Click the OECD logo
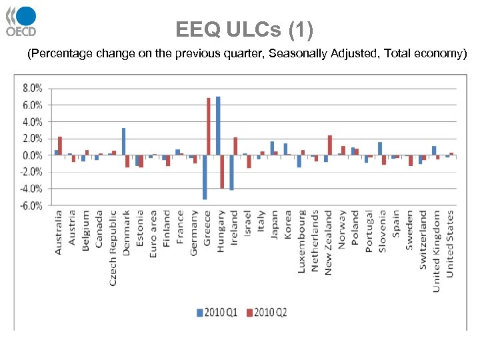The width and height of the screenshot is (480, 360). coord(21,21)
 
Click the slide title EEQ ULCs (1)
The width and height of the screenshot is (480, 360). coord(244,30)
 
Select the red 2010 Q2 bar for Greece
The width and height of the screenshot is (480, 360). coord(208,127)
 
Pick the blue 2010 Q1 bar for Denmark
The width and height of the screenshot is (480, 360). coord(123,141)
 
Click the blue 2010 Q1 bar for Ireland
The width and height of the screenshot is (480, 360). coord(231,172)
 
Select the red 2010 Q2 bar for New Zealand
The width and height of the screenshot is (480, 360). coord(329,145)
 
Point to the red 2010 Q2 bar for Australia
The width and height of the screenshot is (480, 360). coord(60,146)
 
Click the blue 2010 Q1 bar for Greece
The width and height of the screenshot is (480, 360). coord(204,177)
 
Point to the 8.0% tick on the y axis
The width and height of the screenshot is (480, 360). coord(33,89)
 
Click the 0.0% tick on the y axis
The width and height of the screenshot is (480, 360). coord(33,155)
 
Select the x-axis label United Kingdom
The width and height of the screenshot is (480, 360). coord(437,251)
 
